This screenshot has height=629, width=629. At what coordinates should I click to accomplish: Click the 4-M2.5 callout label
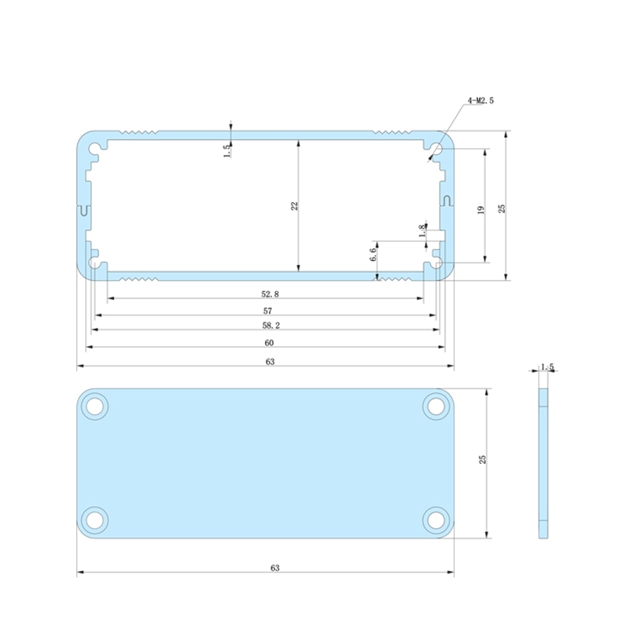(480, 101)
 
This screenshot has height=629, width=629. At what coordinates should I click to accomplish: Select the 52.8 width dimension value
(270, 294)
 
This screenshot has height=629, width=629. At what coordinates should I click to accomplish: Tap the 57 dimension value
(268, 311)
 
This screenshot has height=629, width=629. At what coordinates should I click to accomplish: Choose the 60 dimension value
(269, 343)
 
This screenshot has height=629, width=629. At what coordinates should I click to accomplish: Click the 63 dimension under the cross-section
(269, 362)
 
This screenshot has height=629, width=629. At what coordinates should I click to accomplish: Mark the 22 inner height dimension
(294, 206)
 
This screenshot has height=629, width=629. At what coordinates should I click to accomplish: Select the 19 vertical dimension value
(480, 209)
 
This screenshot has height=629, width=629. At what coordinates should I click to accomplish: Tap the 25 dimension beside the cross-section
(502, 208)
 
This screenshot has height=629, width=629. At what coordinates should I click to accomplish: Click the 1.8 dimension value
(422, 230)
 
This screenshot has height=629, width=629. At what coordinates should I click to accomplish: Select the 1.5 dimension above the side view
(547, 366)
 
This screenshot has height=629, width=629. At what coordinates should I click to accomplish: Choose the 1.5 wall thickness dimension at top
(226, 150)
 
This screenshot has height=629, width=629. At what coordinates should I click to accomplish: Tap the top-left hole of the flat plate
(96, 406)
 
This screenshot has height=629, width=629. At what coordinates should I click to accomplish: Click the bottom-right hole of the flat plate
(435, 519)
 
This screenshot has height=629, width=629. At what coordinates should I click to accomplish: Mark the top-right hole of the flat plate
(435, 406)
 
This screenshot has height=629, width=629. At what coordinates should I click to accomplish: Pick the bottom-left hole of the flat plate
(96, 519)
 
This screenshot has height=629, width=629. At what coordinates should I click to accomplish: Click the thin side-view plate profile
(543, 460)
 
